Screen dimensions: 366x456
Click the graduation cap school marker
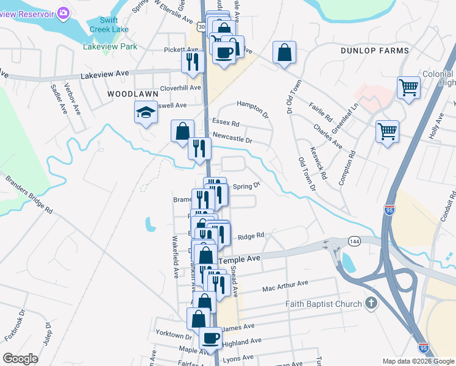click(146, 112)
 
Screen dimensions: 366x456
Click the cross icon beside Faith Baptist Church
click(371, 303)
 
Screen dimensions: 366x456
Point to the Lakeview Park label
click(110, 46)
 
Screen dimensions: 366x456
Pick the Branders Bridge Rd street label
click(29, 195)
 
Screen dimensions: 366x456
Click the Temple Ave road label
click(240, 259)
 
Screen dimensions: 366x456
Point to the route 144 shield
click(354, 242)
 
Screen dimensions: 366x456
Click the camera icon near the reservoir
click(63, 13)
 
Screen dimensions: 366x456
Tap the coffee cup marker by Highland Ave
click(211, 337)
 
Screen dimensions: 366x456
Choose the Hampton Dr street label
click(252, 107)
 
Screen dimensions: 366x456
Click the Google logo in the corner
click(20, 359)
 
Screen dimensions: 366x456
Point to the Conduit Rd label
click(448, 207)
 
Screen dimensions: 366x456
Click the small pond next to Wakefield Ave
click(149, 224)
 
